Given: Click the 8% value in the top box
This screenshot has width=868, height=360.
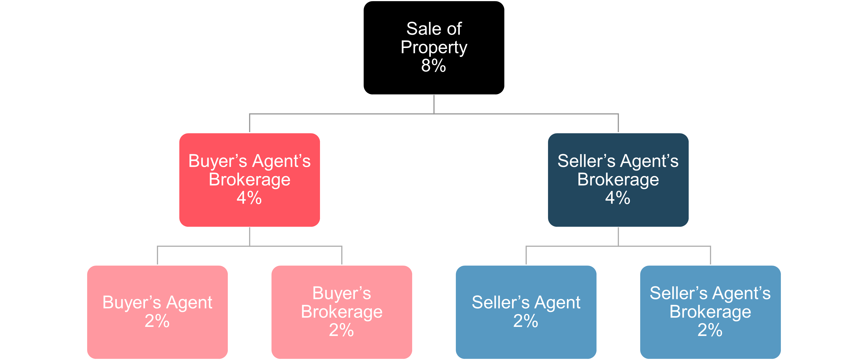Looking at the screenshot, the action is [x=433, y=65].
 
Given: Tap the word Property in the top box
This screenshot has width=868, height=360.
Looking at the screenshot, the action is [x=434, y=47].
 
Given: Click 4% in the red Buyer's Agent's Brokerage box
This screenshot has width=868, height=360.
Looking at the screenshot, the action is [x=249, y=198].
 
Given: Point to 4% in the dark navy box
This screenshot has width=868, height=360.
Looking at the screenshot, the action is [x=618, y=198].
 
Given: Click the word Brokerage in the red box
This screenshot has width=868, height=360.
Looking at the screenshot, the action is [x=249, y=179].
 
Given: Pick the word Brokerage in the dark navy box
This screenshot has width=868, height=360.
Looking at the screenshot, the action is [x=618, y=179].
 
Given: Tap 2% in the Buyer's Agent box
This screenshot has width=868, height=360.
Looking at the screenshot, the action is [x=157, y=321].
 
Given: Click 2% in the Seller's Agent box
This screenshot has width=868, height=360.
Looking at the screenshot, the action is [x=526, y=321].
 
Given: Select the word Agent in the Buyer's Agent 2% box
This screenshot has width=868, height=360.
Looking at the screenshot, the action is [x=189, y=302].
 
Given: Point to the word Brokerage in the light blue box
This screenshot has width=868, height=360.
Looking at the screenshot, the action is [x=710, y=312].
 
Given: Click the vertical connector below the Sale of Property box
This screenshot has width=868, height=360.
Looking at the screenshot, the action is [x=434, y=104].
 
